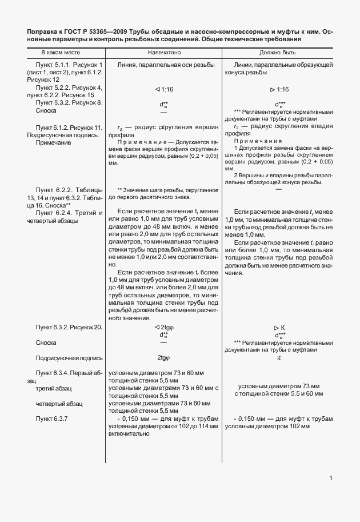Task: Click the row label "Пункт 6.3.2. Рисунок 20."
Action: pos(69,327)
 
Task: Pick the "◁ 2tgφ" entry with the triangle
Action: pos(165,327)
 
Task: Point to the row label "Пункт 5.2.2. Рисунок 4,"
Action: pos(69,87)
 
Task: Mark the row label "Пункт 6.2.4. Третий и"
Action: pos(69,213)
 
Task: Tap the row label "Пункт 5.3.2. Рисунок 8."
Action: pos(69,102)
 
